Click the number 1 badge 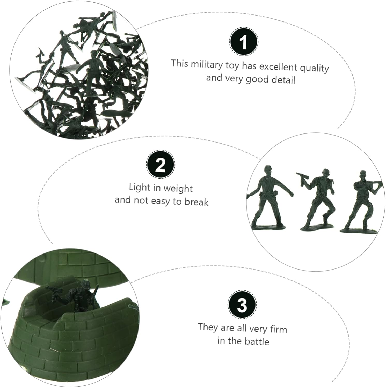(243, 41)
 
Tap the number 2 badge (161, 164)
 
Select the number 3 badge (242, 304)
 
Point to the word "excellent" (278, 66)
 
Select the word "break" (196, 202)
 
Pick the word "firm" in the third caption (279, 329)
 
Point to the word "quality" (314, 69)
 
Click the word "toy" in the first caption (231, 65)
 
